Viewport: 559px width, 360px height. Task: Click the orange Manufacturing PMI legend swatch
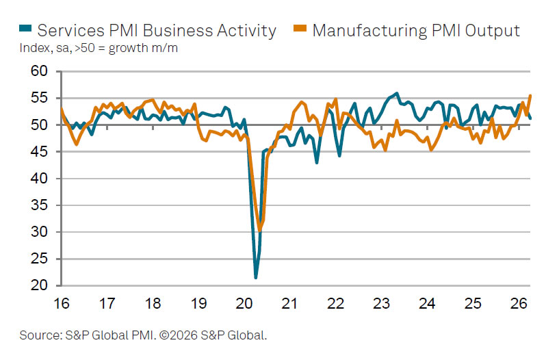click(x=298, y=29)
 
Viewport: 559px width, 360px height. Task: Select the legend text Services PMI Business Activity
click(x=157, y=30)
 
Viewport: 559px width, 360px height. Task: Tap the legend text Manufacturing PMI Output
click(x=415, y=30)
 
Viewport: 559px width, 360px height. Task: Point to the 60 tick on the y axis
click(x=40, y=72)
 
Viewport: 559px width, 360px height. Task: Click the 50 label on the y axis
click(x=40, y=125)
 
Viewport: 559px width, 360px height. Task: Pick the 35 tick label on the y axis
click(x=40, y=205)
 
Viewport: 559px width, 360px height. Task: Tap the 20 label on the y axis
click(x=40, y=286)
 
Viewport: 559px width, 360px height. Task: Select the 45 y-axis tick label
click(x=40, y=152)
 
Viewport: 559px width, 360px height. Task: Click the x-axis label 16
click(x=62, y=303)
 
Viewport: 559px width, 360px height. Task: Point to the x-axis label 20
click(x=245, y=303)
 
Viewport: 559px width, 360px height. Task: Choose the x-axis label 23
click(x=381, y=303)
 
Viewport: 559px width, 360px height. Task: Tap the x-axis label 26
click(x=518, y=303)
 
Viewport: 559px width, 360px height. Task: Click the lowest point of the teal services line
click(x=256, y=277)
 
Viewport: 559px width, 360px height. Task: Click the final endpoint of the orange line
click(x=530, y=96)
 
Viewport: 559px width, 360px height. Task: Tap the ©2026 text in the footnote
click(x=177, y=336)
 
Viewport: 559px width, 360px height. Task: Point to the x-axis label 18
click(x=153, y=303)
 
